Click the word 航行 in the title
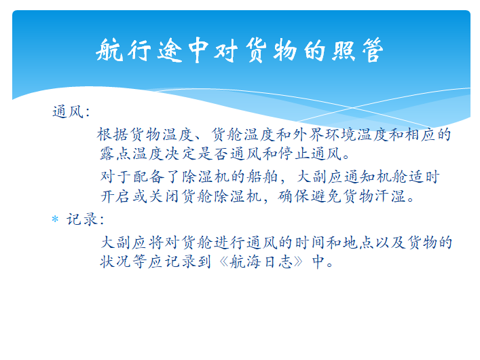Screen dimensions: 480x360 click(123, 50)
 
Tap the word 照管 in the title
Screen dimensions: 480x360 click(358, 50)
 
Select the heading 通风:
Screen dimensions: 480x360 click(71, 111)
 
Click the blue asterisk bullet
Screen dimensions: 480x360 click(55, 219)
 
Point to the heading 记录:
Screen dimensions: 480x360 click(86, 219)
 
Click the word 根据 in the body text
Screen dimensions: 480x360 click(112, 134)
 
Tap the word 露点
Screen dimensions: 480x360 click(115, 154)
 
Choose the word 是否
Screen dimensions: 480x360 click(213, 154)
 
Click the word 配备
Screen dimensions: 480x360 click(149, 177)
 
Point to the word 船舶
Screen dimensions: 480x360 click(262, 177)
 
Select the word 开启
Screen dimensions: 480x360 click(115, 196)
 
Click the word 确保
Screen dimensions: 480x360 click(294, 196)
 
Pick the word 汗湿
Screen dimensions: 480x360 click(392, 196)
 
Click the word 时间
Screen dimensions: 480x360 click(311, 242)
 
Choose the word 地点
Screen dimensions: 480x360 click(359, 242)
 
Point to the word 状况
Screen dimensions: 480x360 click(115, 262)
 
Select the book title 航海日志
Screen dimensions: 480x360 click(262, 262)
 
